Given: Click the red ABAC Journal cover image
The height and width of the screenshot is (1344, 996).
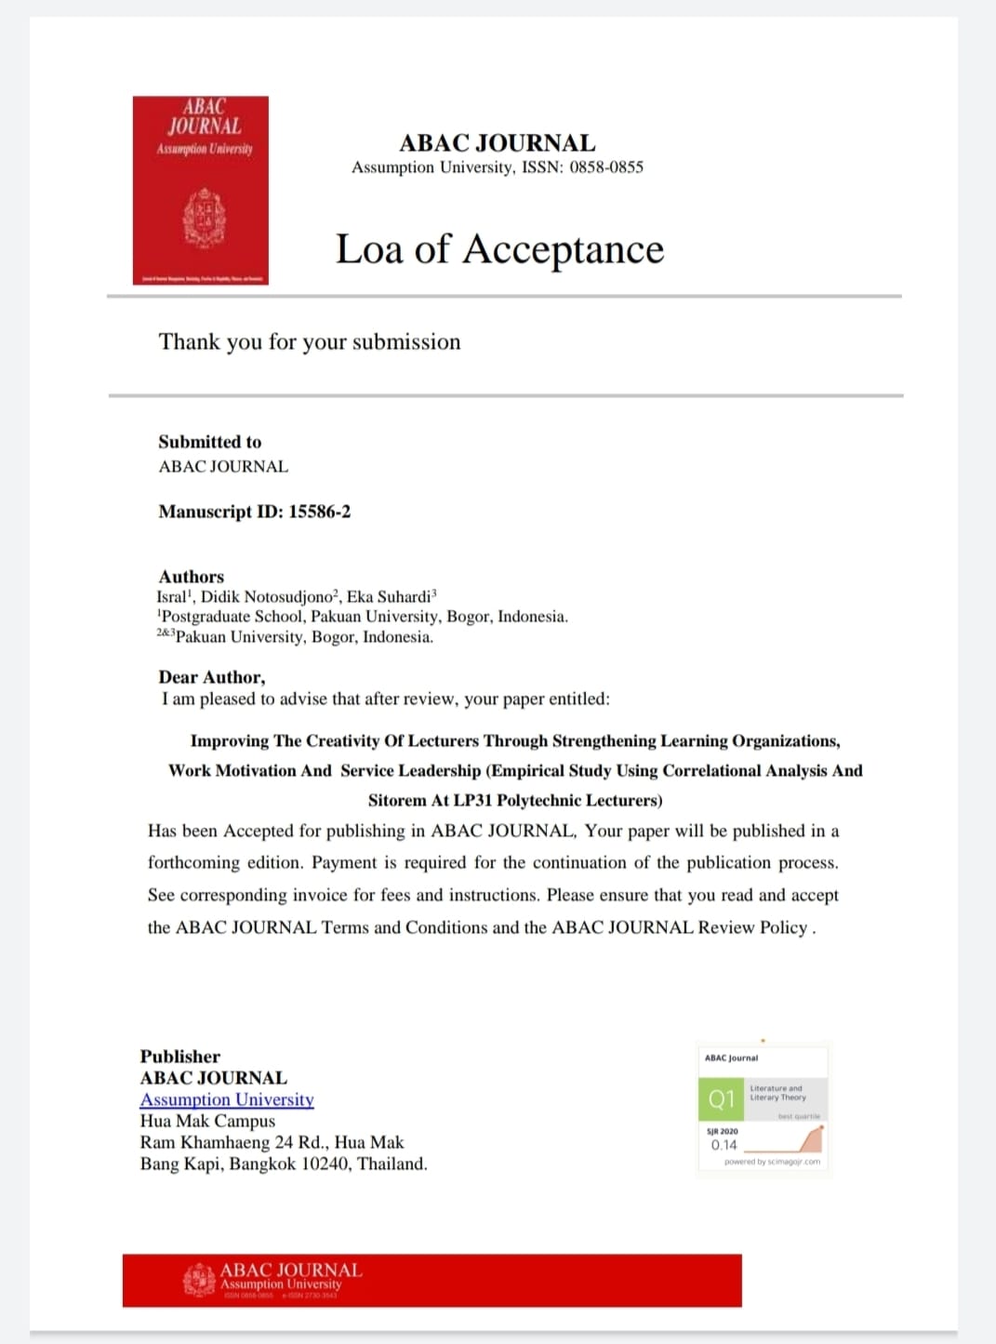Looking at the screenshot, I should [200, 190].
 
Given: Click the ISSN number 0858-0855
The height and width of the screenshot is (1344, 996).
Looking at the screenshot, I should [606, 167].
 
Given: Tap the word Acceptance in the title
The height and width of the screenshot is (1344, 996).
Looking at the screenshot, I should [564, 249].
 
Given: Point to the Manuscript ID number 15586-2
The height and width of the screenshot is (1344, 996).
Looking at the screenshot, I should [319, 512].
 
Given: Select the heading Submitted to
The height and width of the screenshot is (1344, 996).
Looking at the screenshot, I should [209, 442].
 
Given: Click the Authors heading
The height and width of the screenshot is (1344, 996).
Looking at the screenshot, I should [191, 577].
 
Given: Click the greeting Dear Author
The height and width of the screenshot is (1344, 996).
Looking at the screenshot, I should [211, 677].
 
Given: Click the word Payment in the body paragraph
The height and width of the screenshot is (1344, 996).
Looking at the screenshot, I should [344, 862].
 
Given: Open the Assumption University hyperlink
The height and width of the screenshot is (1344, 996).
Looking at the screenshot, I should [227, 1099].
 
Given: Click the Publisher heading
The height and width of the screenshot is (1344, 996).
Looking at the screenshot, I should [179, 1057].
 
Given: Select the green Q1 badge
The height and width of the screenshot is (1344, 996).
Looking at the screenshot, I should [721, 1099].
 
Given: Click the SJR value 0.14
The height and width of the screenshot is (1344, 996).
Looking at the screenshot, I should [724, 1145].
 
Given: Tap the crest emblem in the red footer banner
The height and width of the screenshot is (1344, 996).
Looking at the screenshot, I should [199, 1280].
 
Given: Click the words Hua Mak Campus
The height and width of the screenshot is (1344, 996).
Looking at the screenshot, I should [207, 1121].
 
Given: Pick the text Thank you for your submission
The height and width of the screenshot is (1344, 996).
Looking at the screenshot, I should [310, 342].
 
